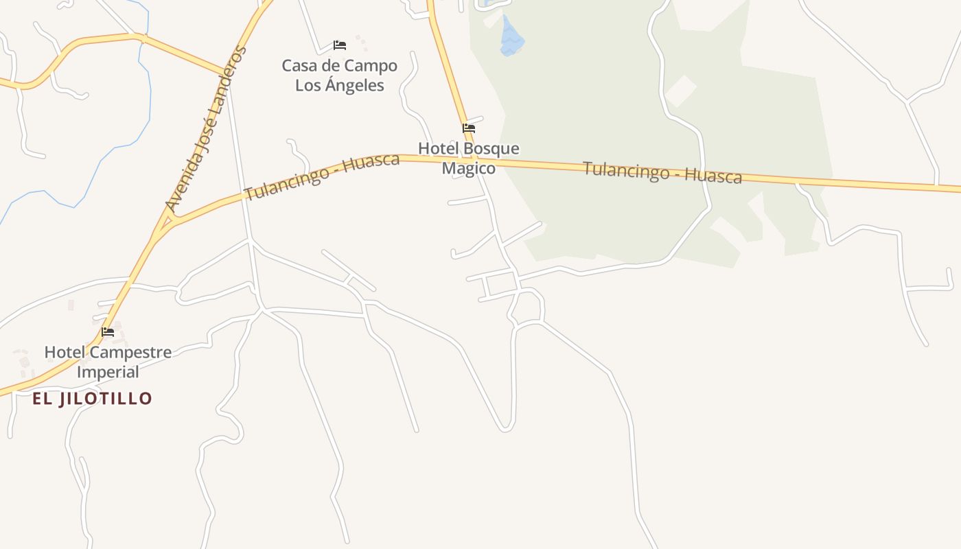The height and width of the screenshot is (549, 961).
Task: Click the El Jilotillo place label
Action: point(92,399)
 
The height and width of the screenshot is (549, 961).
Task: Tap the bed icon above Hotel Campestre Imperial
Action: point(108,332)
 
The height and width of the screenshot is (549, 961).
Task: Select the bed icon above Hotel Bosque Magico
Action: point(469,128)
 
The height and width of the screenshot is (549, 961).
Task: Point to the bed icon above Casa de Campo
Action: point(339,45)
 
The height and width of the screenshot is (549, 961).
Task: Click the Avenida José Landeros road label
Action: point(205,128)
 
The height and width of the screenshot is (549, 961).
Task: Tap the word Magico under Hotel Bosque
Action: point(468,168)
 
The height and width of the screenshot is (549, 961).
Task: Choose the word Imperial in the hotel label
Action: point(108,372)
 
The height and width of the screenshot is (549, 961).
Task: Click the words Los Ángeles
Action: point(339,86)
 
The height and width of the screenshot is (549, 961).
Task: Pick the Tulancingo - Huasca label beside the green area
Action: point(662,172)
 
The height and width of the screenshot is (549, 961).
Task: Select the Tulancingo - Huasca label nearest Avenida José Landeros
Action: point(321,176)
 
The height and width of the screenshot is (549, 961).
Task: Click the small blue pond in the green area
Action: point(511,37)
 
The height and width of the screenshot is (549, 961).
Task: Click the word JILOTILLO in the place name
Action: point(105,399)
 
